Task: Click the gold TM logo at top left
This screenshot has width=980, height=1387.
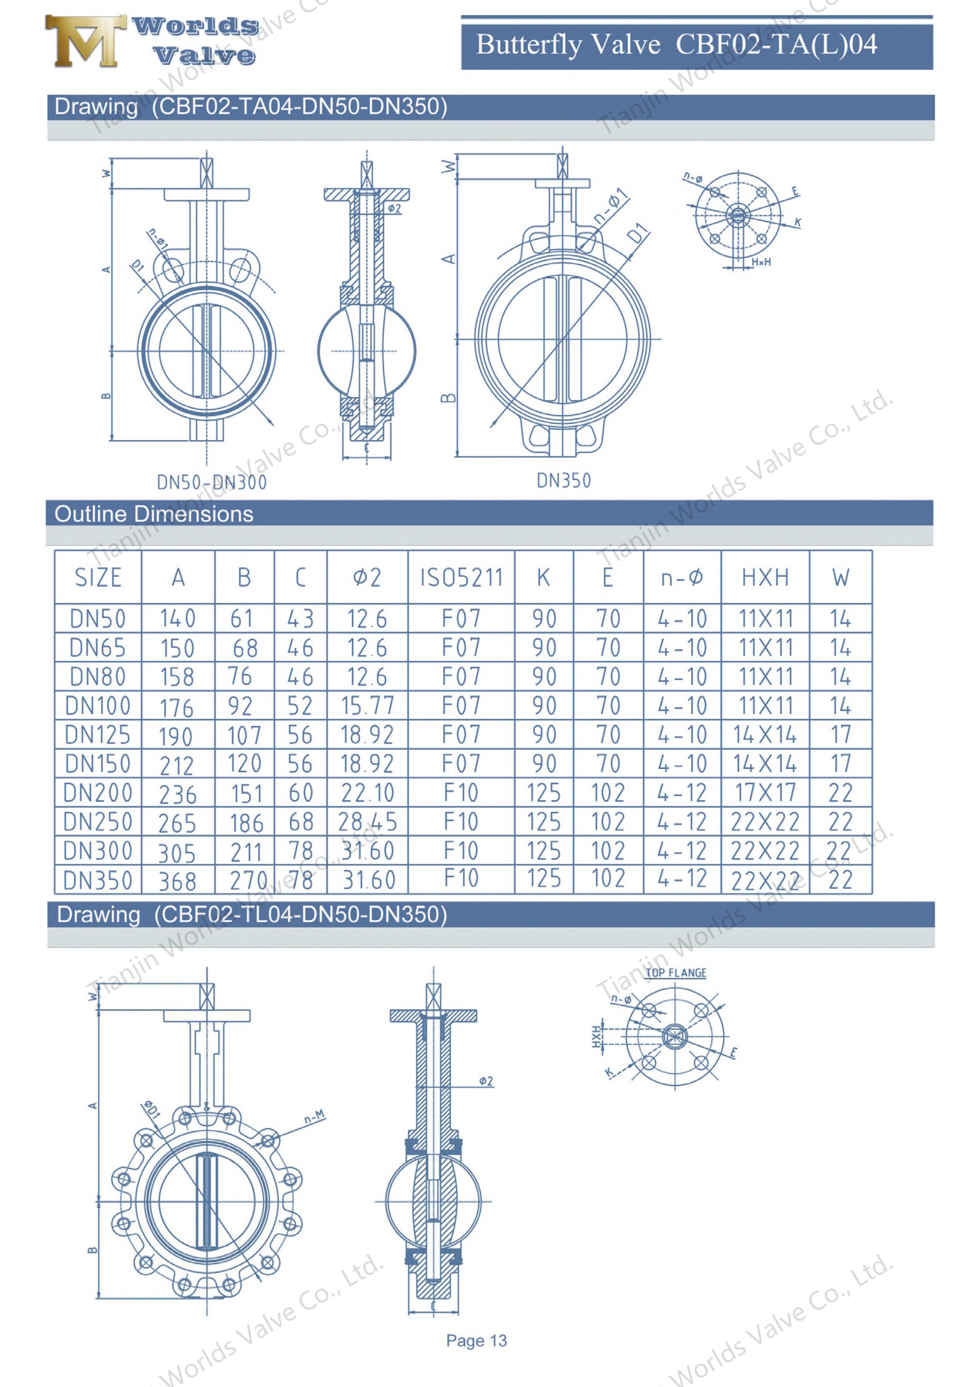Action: [85, 41]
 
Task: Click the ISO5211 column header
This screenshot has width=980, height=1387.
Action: [461, 578]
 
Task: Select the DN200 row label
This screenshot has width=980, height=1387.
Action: [98, 793]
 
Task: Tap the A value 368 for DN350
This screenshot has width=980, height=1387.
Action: [178, 881]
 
